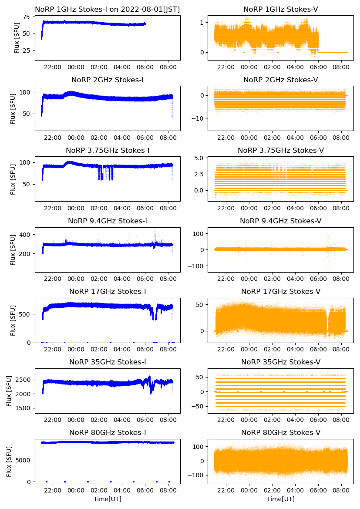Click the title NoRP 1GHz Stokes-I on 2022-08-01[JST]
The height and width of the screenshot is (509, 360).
point(108,9)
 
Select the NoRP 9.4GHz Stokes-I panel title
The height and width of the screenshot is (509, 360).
point(108,221)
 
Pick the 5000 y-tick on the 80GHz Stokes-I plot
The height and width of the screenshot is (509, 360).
point(23,460)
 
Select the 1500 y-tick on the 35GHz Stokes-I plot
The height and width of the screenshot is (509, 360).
point(23,408)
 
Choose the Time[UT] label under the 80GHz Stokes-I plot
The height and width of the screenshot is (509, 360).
point(108,499)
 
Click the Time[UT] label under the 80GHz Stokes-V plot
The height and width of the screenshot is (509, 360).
point(281,499)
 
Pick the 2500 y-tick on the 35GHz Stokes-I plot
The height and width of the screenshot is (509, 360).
point(23,380)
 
